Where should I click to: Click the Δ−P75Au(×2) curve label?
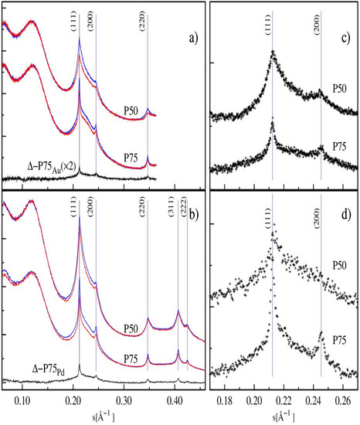click(55, 165)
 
